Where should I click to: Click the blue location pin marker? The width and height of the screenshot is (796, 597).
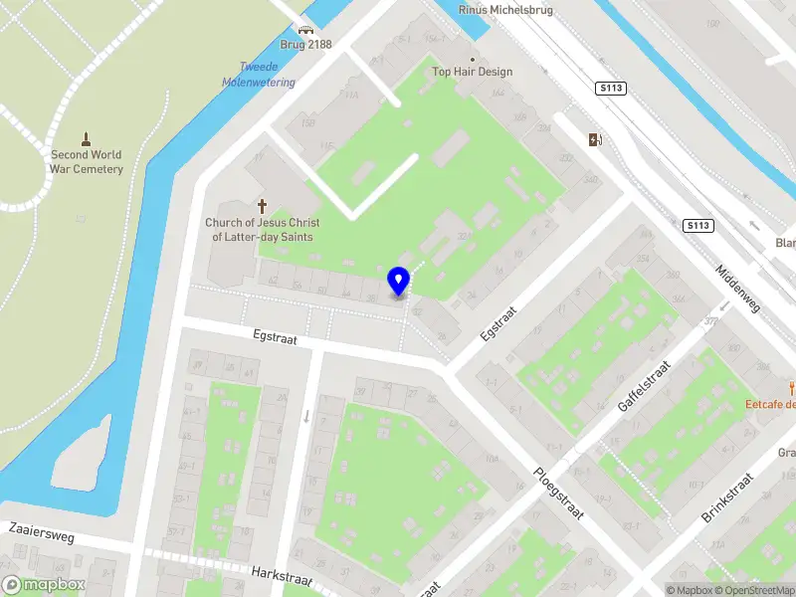398,281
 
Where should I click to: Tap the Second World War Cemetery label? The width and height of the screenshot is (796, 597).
87,162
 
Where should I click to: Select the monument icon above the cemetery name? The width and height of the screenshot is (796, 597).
87,138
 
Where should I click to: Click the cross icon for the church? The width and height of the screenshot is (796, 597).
263,206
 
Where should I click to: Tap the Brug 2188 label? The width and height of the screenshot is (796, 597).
305,45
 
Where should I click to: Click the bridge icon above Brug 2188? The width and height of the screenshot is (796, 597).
305,30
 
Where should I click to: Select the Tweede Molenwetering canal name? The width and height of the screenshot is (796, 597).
259,75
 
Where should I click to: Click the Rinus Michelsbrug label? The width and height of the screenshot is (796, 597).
505,9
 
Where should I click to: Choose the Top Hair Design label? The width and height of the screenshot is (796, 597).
473,72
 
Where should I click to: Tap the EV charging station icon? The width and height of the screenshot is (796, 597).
595,139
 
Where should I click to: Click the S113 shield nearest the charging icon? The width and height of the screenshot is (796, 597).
611,89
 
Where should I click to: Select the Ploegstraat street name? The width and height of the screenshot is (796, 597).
558,492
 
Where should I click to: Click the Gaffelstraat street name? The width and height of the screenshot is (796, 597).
646,386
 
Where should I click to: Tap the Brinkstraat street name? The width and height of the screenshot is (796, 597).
729,499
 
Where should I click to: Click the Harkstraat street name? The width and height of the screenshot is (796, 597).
283,578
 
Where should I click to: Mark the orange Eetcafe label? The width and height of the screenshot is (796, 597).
771,403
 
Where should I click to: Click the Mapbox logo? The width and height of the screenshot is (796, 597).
44,585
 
